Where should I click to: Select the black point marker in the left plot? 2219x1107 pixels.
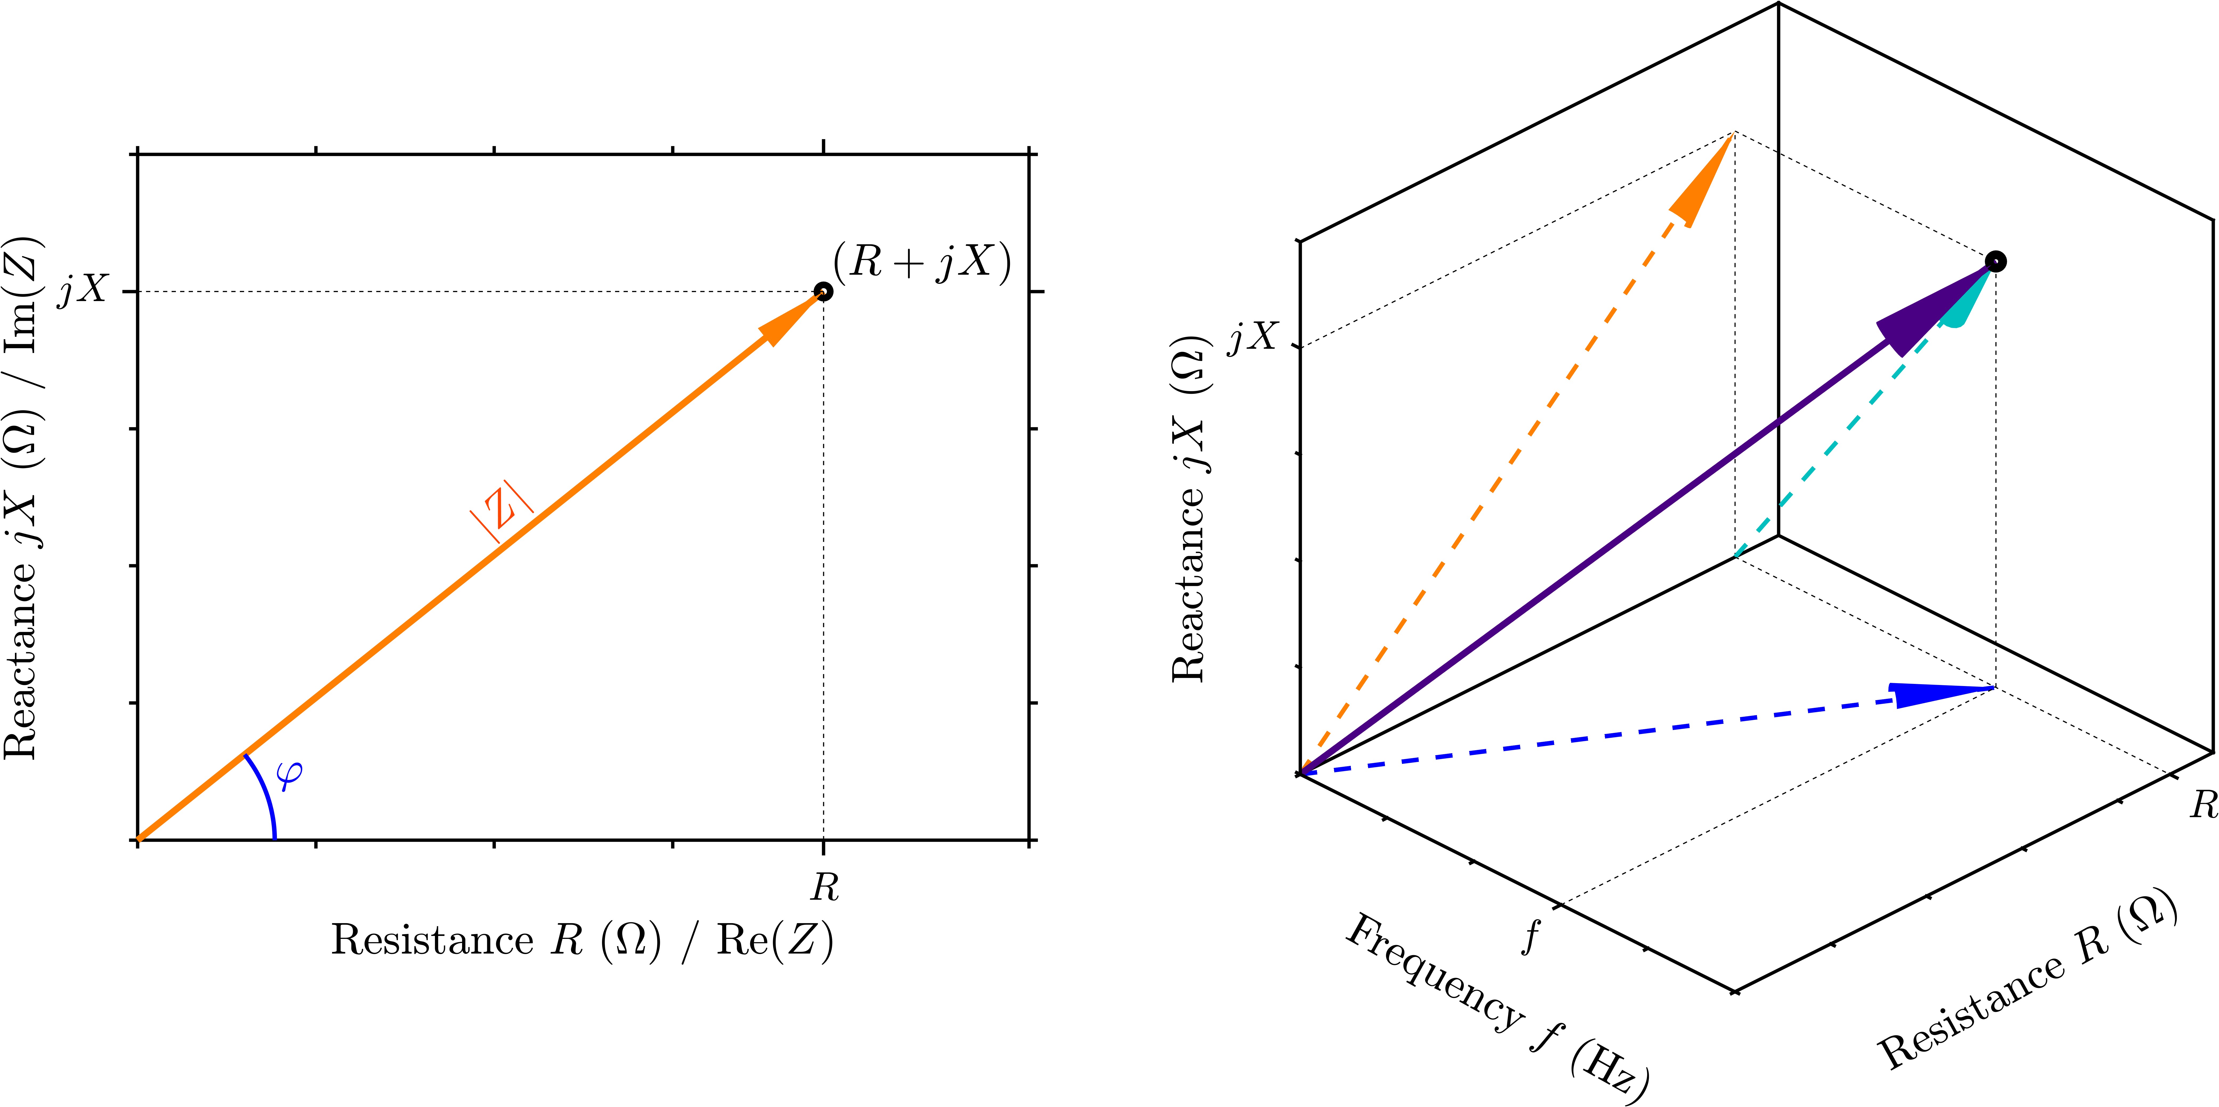pyautogui.click(x=823, y=291)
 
